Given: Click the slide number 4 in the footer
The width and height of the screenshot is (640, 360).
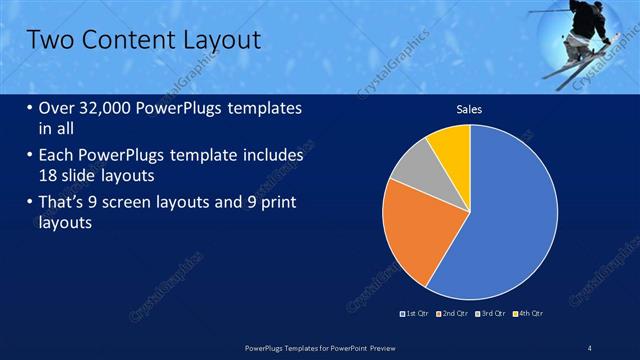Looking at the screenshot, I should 590,347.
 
